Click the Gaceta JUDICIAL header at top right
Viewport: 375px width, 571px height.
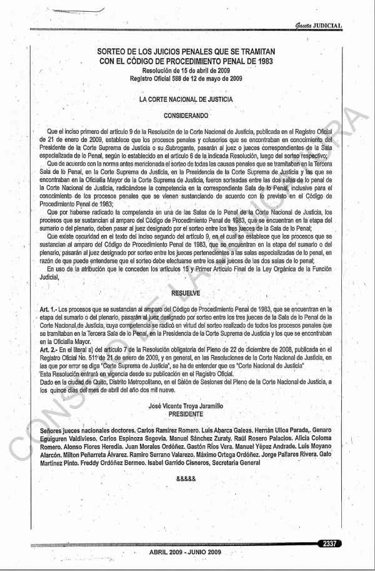click(x=319, y=25)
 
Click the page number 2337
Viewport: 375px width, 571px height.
click(x=329, y=543)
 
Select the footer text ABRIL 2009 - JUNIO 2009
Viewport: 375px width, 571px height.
click(x=185, y=553)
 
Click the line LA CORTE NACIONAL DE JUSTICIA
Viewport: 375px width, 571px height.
click(x=186, y=99)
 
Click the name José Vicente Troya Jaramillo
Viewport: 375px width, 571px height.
click(x=186, y=406)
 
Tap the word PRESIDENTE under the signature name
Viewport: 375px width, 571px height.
click(x=186, y=414)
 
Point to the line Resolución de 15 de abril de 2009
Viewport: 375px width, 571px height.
click(x=186, y=72)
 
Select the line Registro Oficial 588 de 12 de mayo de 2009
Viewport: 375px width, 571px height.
click(x=186, y=79)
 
